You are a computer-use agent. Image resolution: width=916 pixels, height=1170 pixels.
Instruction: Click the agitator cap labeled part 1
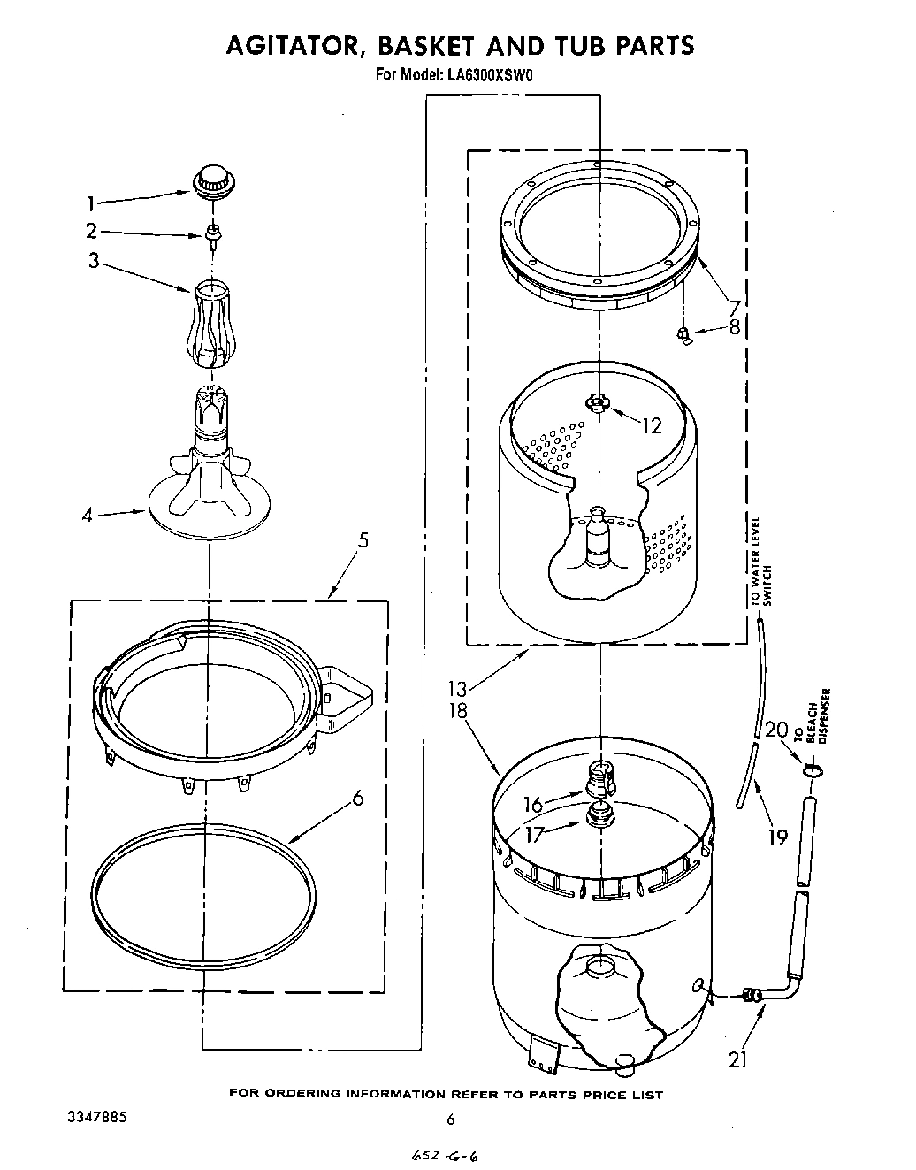pyautogui.click(x=210, y=181)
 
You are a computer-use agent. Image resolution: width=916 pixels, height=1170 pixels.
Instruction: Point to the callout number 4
pyautogui.click(x=87, y=514)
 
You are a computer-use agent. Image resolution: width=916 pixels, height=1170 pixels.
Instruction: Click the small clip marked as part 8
pyautogui.click(x=683, y=333)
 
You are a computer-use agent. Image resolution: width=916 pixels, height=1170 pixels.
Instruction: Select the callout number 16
pyautogui.click(x=532, y=804)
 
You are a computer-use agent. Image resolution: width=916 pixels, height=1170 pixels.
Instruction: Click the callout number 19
pyautogui.click(x=776, y=836)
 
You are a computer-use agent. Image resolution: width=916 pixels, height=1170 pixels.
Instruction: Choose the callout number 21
pyautogui.click(x=738, y=1059)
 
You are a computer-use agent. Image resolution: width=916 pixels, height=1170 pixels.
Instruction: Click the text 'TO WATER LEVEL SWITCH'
pyautogui.click(x=761, y=562)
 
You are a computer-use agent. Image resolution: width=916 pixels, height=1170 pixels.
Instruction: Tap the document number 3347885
pyautogui.click(x=97, y=1117)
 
